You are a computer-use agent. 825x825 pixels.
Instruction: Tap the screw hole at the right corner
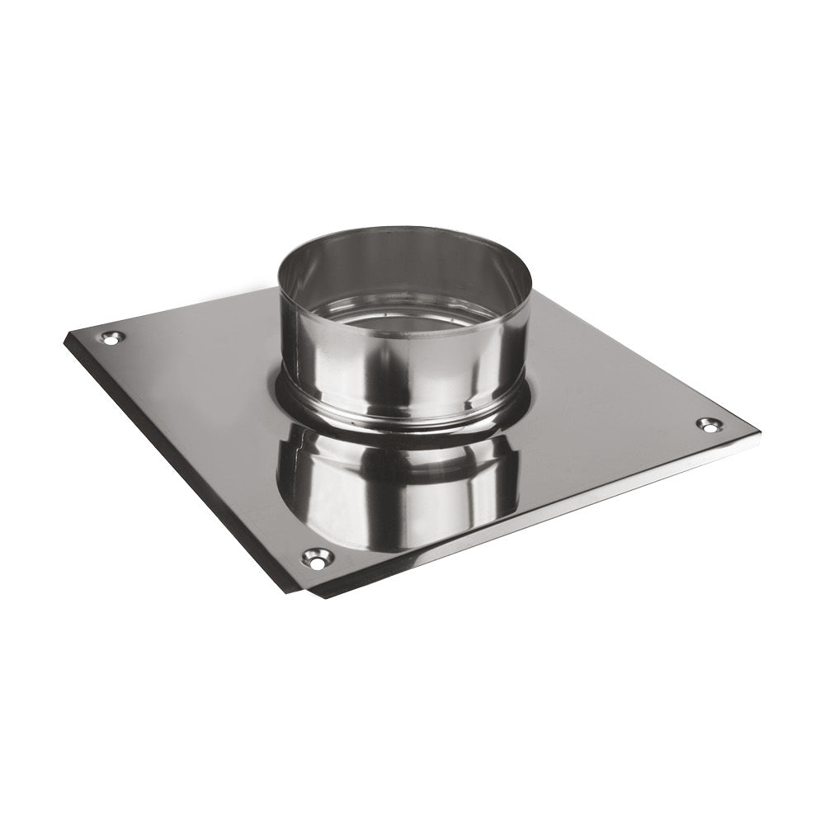click(708, 424)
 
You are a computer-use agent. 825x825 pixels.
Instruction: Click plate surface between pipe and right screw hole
click(610, 412)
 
